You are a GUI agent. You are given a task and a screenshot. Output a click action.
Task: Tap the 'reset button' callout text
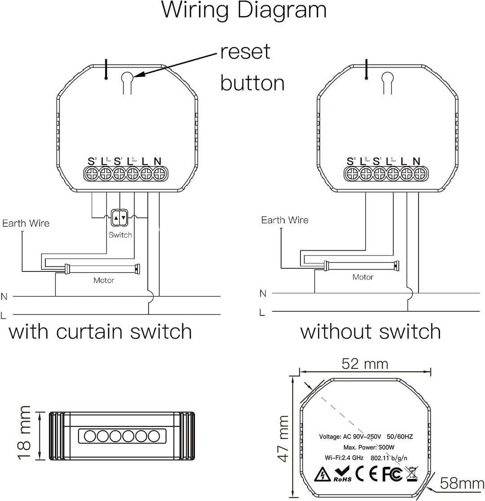pyautogui.click(x=252, y=67)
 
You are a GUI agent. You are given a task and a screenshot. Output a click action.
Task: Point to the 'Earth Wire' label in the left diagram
pyautogui.click(x=26, y=223)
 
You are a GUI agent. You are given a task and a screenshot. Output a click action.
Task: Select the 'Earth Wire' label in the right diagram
pyautogui.click(x=285, y=220)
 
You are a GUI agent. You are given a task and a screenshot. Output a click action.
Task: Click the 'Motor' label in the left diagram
pyautogui.click(x=104, y=280)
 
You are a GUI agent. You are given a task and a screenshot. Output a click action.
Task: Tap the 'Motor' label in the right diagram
pyautogui.click(x=363, y=277)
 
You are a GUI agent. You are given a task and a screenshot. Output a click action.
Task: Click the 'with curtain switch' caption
pyautogui.click(x=101, y=332)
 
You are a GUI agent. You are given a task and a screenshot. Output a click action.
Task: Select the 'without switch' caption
pyautogui.click(x=370, y=332)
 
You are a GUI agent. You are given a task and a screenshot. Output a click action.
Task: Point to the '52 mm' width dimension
pyautogui.click(x=365, y=364)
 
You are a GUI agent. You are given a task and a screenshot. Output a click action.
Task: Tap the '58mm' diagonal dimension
pyautogui.click(x=462, y=483)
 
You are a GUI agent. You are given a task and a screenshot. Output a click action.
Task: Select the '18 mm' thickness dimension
pyautogui.click(x=25, y=433)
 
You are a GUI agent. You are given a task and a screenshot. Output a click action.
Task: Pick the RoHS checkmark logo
pyautogui.click(x=342, y=473)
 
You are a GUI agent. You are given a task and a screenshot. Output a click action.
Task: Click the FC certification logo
pyautogui.click(x=392, y=473)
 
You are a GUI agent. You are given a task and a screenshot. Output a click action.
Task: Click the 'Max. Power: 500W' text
pyautogui.click(x=369, y=448)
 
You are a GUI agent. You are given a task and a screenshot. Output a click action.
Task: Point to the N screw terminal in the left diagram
pyautogui.click(x=158, y=174)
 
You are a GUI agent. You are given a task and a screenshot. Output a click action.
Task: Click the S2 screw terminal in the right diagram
pyautogui.click(x=350, y=174)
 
